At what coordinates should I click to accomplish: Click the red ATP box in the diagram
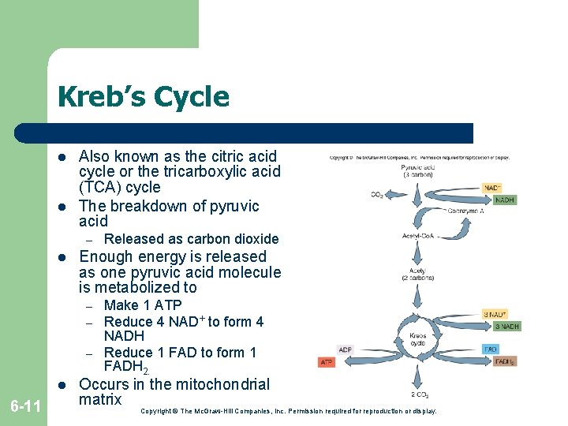327,363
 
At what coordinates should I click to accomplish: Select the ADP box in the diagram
346,349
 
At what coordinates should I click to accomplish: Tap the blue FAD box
491,348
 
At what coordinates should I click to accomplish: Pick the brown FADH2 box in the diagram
504,362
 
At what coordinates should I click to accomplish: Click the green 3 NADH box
507,327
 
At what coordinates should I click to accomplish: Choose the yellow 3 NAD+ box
495,314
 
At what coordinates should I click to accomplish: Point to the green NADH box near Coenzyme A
505,200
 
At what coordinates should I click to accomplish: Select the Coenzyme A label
465,211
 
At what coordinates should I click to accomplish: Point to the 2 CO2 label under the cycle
419,394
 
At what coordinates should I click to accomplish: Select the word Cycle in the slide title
192,97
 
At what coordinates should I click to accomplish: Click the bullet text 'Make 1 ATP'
143,305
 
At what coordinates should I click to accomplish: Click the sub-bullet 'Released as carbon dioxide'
191,238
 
